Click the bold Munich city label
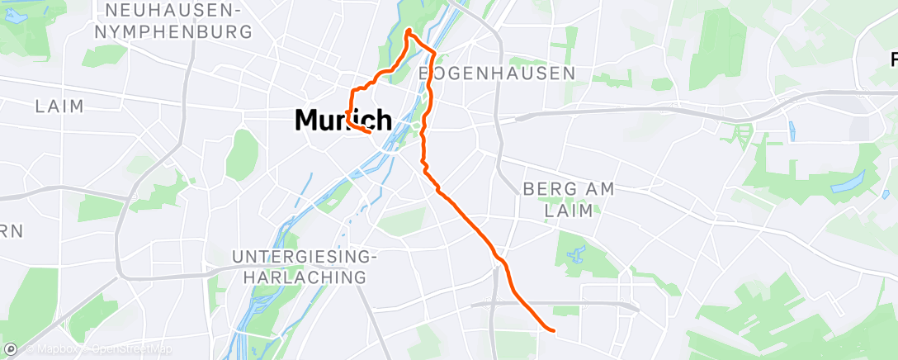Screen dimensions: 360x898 click(343, 121)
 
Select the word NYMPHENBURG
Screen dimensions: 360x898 click(173, 32)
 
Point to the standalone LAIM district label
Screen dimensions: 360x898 click(60, 107)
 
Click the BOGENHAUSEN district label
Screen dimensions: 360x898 click(497, 73)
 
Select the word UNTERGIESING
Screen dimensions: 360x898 click(305, 257)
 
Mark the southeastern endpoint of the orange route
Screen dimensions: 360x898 click(552, 331)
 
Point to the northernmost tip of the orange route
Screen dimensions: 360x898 click(409, 31)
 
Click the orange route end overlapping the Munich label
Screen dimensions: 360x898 click(368, 130)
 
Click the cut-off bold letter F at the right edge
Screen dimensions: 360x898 click(893, 59)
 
